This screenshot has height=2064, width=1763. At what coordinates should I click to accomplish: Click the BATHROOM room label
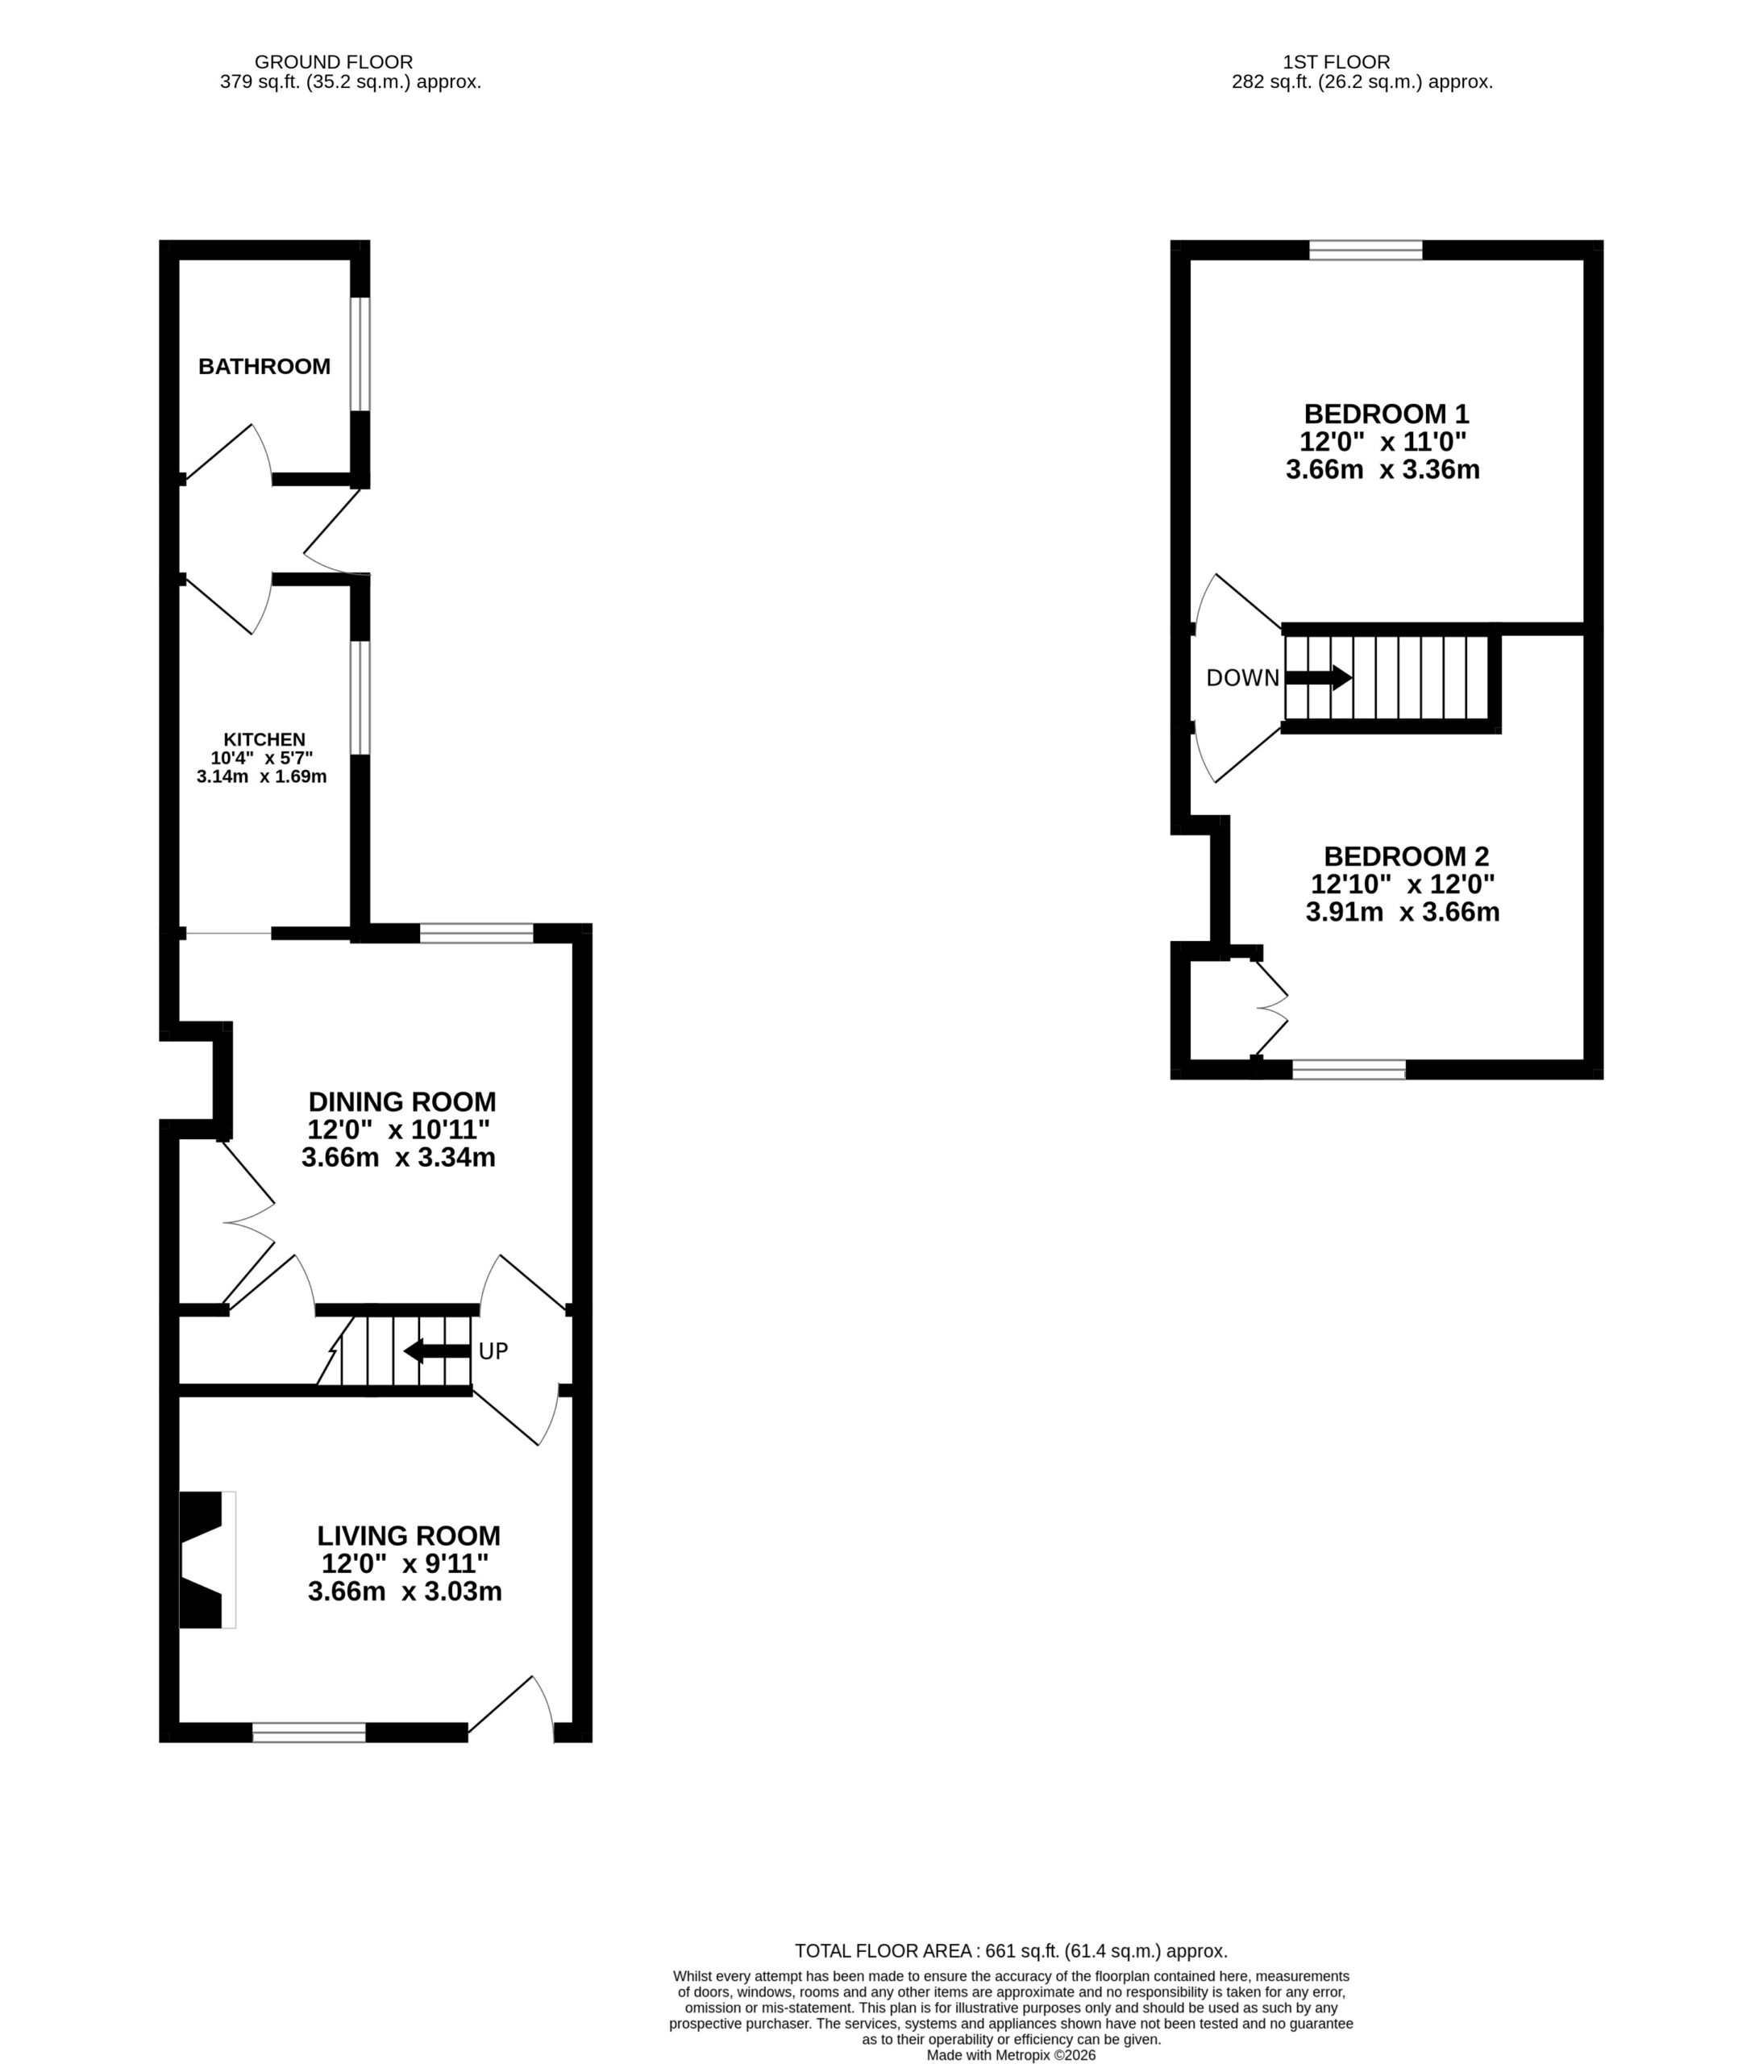[x=264, y=367]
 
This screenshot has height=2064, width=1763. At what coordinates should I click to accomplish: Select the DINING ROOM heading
[x=401, y=1101]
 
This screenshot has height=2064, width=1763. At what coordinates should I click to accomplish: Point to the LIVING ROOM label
[x=409, y=1536]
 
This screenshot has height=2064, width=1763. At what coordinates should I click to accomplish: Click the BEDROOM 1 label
[x=1387, y=414]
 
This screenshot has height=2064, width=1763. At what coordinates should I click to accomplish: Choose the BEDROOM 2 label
[x=1405, y=855]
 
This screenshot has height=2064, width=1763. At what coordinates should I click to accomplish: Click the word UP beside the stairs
[x=493, y=1352]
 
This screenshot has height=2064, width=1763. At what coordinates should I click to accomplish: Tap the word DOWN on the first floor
[x=1242, y=678]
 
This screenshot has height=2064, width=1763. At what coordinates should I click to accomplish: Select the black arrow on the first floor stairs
[x=1319, y=678]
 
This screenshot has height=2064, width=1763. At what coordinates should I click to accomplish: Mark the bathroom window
[x=360, y=354]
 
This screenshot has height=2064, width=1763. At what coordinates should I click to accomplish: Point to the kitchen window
[x=360, y=697]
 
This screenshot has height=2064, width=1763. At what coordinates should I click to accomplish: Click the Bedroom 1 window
[x=1366, y=250]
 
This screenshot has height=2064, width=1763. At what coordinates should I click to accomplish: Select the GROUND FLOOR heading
[x=334, y=62]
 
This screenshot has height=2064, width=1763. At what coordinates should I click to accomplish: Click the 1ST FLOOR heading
[x=1337, y=62]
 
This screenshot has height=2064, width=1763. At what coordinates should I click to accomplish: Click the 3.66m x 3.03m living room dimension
[x=405, y=1592]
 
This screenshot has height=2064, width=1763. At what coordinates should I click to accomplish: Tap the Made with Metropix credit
[x=1011, y=2055]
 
